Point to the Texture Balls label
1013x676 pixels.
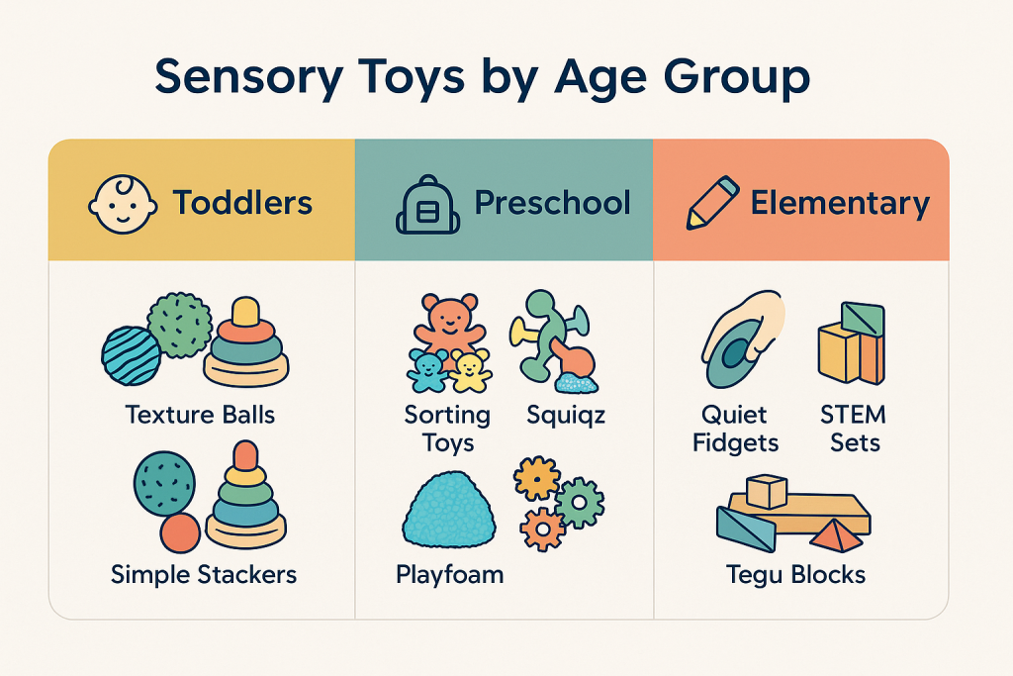[200, 413]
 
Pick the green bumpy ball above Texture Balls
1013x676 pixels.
[180, 326]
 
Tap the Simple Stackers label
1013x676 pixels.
[203, 574]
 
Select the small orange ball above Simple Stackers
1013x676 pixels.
[179, 534]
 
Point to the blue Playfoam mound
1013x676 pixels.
[444, 517]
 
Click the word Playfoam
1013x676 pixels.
[449, 574]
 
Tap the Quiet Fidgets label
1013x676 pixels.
[735, 428]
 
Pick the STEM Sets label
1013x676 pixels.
[854, 428]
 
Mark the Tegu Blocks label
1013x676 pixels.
[795, 574]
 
